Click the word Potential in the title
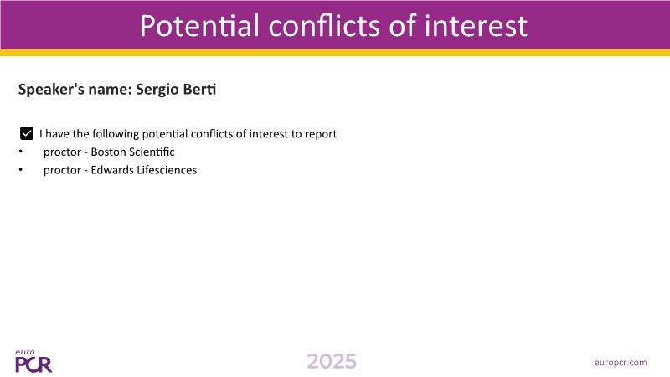pos(199,26)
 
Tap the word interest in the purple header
pos(476,26)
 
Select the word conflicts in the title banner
pos(324,26)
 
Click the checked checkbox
pos(27,133)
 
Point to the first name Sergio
pos(157,90)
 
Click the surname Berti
pos(199,89)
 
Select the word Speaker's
pos(51,90)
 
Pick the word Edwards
pos(112,170)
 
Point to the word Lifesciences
pos(167,170)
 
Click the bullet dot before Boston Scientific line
pos(20,152)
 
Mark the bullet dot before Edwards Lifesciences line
pos(20,169)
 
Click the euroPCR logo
pos(33,361)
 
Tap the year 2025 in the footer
pos(332,362)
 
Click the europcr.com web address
pos(621,363)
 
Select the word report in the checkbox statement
pos(321,134)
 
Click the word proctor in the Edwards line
pos(62,170)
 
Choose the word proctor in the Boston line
pos(62,152)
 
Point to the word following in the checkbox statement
pos(116,134)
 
